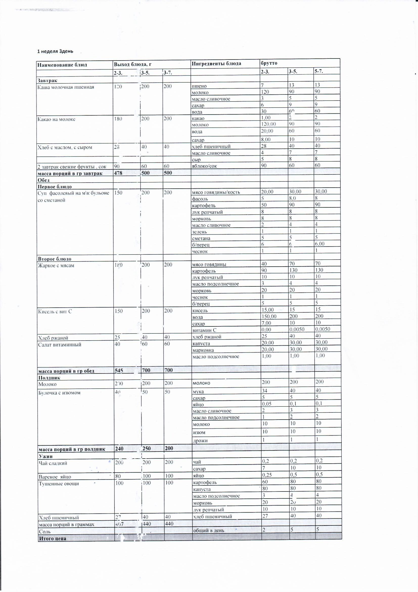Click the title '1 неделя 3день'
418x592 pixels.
[x=55, y=51]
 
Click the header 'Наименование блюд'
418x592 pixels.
[x=62, y=65]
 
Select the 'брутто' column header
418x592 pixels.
[x=269, y=63]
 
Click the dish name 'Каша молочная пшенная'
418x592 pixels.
[x=66, y=87]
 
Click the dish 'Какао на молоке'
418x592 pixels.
[x=56, y=119]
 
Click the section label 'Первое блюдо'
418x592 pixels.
[x=55, y=187]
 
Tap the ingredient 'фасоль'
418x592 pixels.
[x=200, y=199]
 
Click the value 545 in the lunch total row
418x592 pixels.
[x=119, y=371]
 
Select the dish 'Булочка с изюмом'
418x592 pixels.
[x=59, y=393]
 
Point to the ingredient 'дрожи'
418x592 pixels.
[x=200, y=441]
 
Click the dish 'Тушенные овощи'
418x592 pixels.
[x=55, y=484]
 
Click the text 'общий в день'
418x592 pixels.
[x=209, y=530]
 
